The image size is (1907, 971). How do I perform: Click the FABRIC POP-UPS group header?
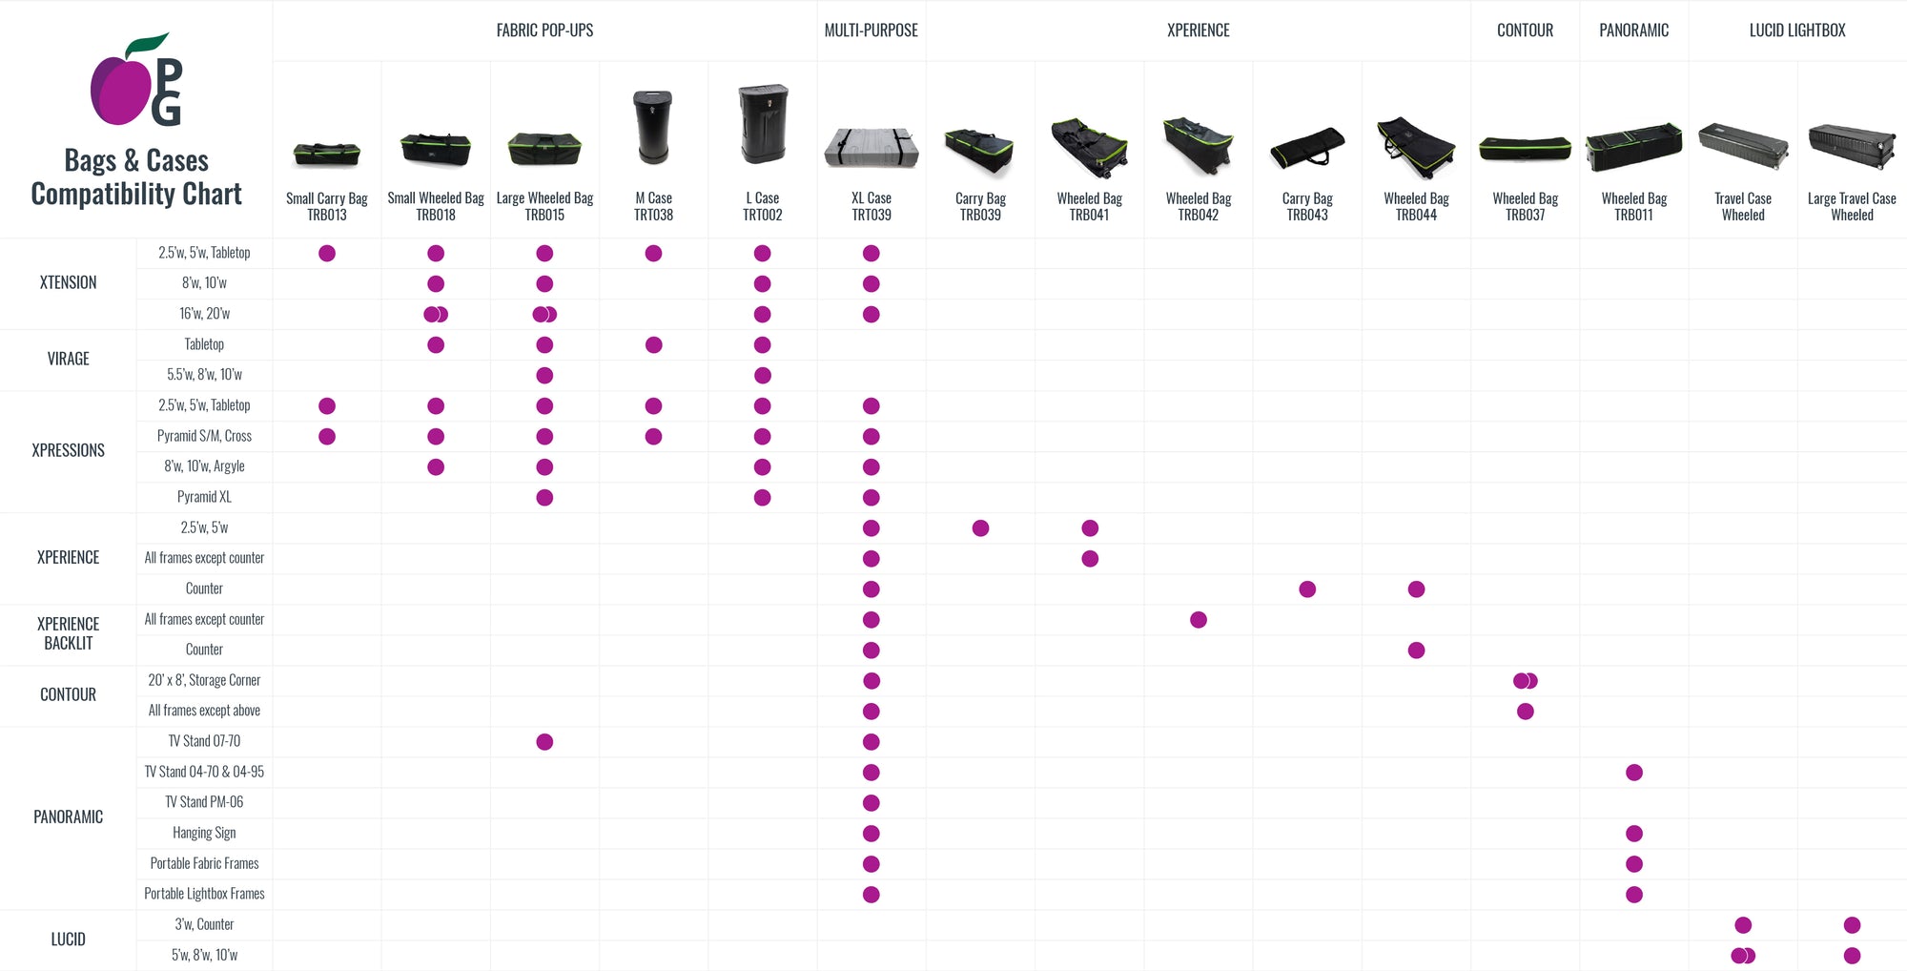(x=544, y=31)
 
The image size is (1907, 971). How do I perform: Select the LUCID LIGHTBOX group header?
(x=1796, y=31)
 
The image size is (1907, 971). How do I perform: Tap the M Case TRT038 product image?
(x=653, y=127)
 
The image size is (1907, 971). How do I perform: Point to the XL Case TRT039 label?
(x=871, y=206)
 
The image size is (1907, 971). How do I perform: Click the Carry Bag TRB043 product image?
(x=1307, y=148)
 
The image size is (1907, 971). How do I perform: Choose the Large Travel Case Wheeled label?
(x=1851, y=206)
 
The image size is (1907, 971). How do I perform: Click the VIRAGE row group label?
(x=68, y=359)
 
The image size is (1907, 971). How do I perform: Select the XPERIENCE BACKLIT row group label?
(x=68, y=633)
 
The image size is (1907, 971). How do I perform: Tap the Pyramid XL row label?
(x=204, y=497)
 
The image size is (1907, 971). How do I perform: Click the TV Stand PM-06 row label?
(x=204, y=802)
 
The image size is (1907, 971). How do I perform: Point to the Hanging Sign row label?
(x=204, y=833)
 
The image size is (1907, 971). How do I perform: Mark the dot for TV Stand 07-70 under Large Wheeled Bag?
(x=544, y=742)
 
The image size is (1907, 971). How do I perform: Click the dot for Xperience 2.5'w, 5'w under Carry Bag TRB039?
(x=980, y=528)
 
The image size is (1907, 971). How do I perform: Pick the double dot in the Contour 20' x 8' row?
(x=1525, y=681)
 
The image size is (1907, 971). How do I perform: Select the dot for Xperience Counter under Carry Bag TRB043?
(x=1307, y=589)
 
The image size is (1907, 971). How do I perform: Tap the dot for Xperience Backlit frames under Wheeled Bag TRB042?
(x=1199, y=620)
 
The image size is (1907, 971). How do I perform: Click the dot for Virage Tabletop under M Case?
(x=653, y=345)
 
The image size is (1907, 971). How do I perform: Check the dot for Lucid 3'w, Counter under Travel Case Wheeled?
(x=1743, y=925)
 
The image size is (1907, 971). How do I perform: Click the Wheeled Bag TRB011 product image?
(x=1633, y=147)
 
